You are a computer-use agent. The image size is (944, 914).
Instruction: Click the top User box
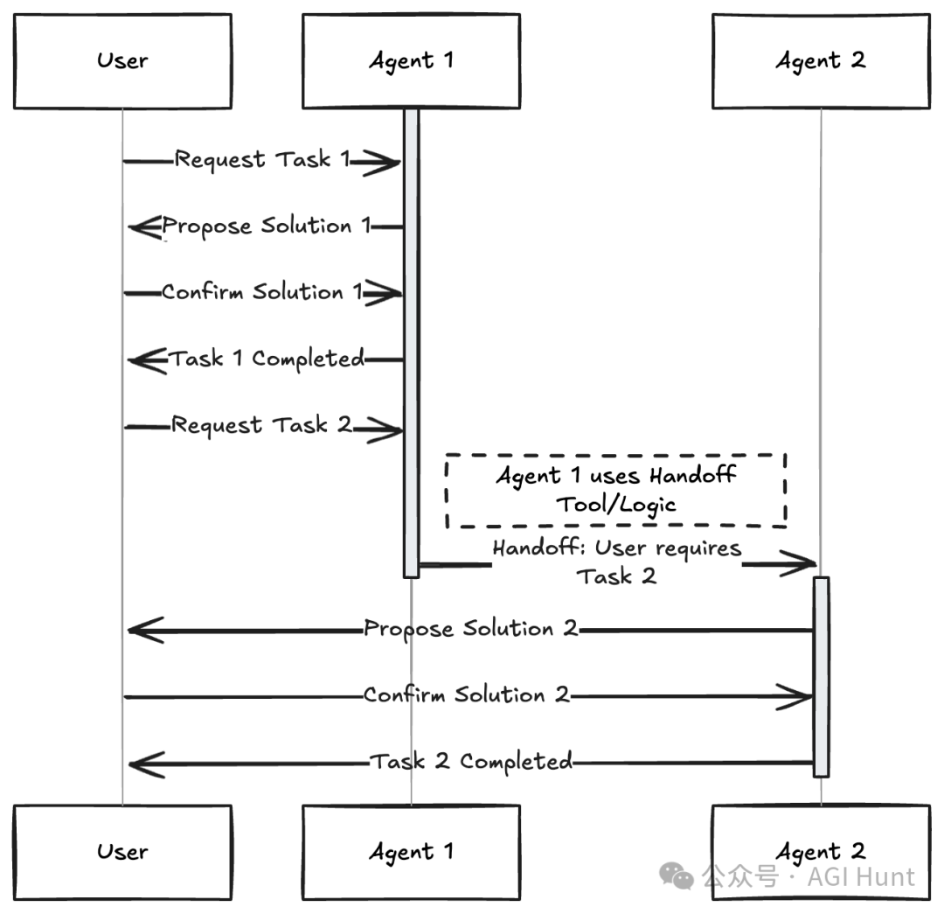pos(123,61)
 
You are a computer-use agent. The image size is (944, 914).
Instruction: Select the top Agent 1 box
pos(411,61)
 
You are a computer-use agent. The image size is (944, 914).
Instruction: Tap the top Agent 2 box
pos(821,61)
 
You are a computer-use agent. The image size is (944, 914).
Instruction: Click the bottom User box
pos(123,852)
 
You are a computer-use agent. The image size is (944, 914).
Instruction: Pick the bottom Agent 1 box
pos(411,852)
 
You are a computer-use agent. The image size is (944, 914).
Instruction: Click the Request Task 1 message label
pos(262,160)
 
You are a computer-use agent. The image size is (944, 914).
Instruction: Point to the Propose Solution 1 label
pos(266,227)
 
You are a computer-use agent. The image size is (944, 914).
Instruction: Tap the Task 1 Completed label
pos(266,359)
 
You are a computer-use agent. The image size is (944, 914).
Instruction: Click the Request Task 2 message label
pos(261,425)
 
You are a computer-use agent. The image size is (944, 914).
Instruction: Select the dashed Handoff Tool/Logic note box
pos(616,491)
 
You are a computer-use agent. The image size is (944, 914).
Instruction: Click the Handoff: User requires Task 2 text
pos(617,562)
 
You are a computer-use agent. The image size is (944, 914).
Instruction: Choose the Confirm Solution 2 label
pos(467,695)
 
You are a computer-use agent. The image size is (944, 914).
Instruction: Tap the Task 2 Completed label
pos(471,762)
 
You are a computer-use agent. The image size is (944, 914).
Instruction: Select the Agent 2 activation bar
pos(821,677)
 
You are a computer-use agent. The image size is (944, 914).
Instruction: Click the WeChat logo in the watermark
pos(677,876)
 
